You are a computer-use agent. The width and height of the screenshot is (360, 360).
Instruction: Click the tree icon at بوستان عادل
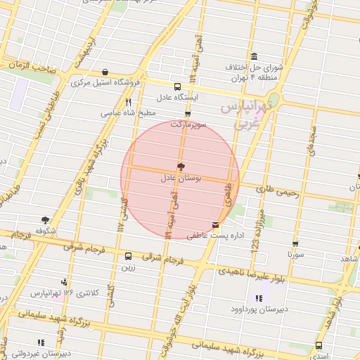pos(181,167)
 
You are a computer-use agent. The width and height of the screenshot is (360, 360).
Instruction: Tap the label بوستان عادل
pos(181,179)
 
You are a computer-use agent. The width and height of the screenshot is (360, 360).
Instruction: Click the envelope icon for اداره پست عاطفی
pos(215,226)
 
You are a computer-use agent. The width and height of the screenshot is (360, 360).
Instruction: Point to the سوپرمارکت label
pos(186,124)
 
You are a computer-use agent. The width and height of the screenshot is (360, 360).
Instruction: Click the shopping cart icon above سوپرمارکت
pos(187,114)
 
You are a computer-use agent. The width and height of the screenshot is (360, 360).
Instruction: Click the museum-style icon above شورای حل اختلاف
pos(253,57)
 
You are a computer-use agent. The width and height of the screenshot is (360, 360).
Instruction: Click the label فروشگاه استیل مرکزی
pos(105,83)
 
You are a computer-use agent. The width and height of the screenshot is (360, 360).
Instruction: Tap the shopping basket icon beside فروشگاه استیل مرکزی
pos(105,72)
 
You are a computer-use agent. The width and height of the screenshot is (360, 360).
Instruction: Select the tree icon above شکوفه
pos(46,220)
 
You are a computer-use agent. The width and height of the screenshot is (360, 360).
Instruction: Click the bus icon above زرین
pos(127,257)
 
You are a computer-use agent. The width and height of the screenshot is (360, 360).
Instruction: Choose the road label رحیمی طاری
pos(275,190)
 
